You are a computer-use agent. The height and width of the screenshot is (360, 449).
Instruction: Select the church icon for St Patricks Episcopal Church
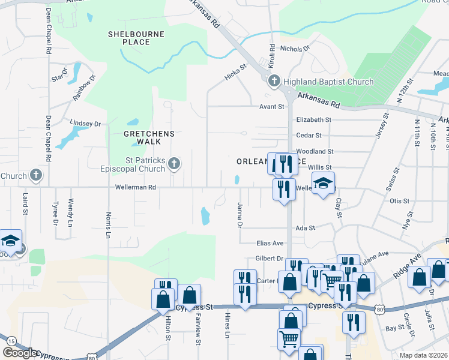click(173, 163)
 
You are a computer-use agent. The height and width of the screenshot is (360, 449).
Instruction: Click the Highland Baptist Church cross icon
click(274, 81)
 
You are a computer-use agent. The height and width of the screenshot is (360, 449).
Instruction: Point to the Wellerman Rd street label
click(136, 188)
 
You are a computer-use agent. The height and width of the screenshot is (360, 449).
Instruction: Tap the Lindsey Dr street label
click(86, 123)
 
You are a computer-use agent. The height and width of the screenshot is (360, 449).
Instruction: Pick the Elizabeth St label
click(313, 120)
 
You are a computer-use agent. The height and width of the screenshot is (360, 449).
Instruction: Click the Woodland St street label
click(315, 152)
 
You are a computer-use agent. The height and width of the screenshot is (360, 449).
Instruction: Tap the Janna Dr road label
click(239, 216)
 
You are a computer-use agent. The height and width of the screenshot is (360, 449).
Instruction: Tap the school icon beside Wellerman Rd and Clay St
click(323, 182)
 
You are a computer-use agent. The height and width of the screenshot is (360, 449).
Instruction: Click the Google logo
click(20, 352)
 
